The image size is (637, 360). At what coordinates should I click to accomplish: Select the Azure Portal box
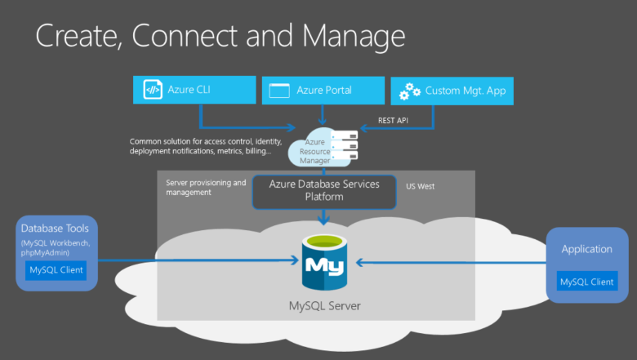[x=323, y=91]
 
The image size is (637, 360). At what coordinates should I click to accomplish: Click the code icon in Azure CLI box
[x=153, y=90]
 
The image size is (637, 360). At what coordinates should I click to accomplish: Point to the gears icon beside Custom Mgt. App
[x=409, y=91]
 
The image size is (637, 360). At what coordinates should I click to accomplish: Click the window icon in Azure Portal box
[x=280, y=91]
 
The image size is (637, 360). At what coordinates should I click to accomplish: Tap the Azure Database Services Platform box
[x=325, y=190]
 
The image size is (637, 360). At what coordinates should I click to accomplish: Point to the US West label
[x=421, y=186]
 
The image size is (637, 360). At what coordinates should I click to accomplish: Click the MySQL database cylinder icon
[x=325, y=262]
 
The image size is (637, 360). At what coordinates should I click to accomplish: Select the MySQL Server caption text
[x=324, y=307]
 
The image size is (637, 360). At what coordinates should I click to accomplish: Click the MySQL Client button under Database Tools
[x=56, y=269]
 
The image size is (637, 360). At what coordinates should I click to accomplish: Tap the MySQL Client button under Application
[x=586, y=282]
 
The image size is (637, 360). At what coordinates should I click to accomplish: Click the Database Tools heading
[x=56, y=229]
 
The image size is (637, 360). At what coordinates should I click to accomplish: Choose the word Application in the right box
[x=586, y=248]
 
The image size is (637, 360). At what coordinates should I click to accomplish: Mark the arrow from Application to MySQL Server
[x=449, y=262]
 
